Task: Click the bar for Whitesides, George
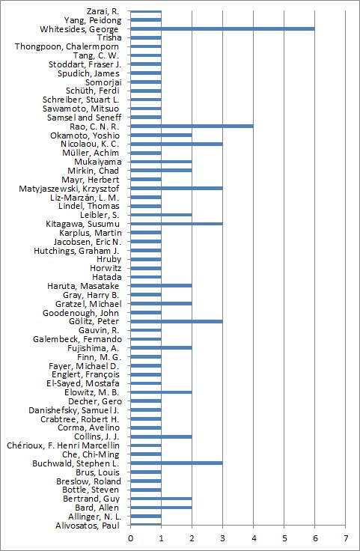point(223,28)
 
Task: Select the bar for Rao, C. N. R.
point(192,127)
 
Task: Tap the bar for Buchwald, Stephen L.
point(177,463)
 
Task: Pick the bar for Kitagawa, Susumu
point(177,224)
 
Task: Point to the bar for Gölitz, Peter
point(177,321)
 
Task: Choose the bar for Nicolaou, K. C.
point(177,144)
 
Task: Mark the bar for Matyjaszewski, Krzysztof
point(177,189)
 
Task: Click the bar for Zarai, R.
point(146,11)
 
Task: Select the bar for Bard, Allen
point(161,508)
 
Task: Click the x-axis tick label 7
point(345,538)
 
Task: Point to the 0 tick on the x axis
point(131,538)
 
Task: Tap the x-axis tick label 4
point(253,538)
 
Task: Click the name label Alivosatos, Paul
point(88,526)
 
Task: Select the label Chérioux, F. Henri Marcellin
point(63,445)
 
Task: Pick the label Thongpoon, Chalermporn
point(67,46)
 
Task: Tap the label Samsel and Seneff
point(84,118)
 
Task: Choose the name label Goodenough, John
point(81,313)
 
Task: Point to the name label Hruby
point(109,259)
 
